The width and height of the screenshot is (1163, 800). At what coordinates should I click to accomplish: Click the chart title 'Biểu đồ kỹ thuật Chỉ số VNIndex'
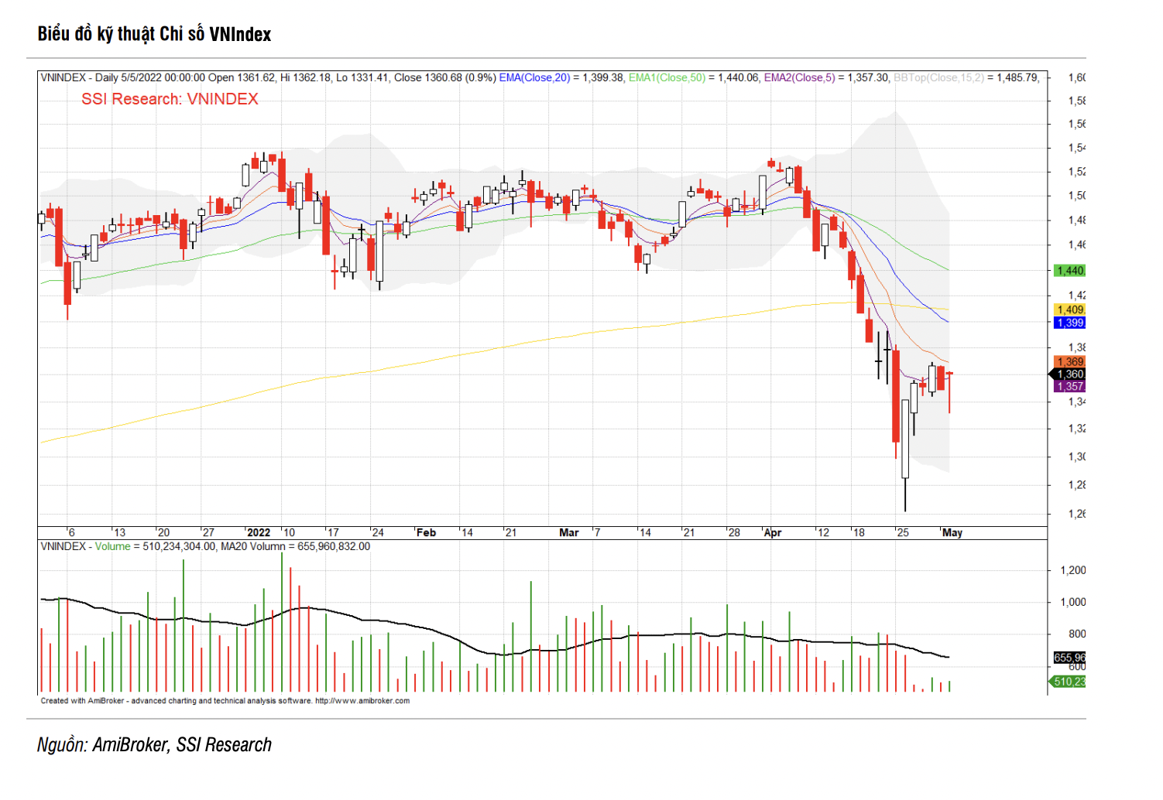point(154,34)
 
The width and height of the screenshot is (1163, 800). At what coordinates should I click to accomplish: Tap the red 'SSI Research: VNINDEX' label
point(170,99)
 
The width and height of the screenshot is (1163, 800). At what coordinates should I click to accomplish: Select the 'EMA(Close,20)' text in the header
point(534,77)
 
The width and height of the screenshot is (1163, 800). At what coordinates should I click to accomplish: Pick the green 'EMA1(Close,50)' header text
point(667,77)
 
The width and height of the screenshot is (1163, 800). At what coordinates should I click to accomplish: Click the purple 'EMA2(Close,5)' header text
point(799,77)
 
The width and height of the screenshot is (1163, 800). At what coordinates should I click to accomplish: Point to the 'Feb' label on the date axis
point(426,532)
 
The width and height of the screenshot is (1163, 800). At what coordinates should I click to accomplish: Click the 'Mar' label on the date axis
point(568,532)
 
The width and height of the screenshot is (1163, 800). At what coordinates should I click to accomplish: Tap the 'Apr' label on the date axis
point(772,532)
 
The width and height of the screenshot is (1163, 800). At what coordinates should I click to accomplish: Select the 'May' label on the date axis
point(952,532)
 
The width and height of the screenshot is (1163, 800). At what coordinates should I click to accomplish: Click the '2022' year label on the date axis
point(259,532)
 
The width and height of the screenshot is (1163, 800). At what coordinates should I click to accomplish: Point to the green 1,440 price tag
point(1070,271)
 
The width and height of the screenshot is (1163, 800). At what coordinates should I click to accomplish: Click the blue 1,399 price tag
point(1070,323)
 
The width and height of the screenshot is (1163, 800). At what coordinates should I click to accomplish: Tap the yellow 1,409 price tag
point(1070,309)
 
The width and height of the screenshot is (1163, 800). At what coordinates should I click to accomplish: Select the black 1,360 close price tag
point(1070,374)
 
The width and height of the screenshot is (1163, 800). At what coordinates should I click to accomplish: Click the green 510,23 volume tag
point(1069,682)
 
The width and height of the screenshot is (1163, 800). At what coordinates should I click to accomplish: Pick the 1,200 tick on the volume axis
point(1072,570)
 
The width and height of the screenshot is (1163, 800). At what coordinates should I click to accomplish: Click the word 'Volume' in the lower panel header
point(113,546)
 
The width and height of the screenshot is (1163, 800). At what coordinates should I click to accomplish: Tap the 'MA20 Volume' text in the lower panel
point(253,546)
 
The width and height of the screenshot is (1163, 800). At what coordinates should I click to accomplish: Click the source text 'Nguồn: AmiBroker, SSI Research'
point(155,744)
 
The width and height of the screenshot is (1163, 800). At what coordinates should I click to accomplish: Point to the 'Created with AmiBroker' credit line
point(225,701)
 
